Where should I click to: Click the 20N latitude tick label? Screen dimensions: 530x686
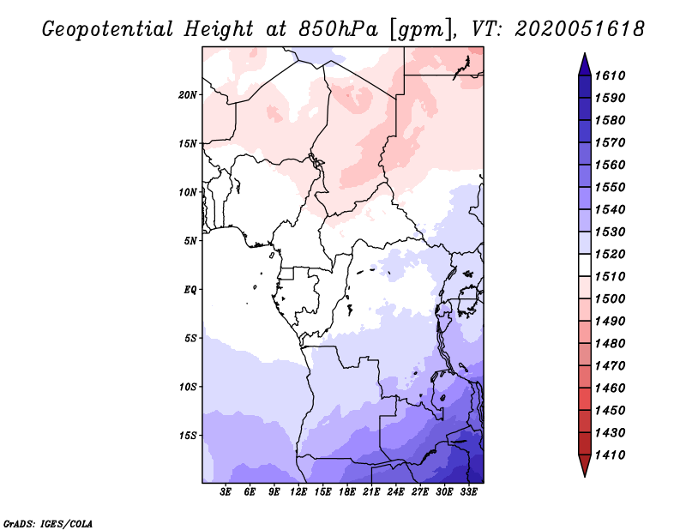(189, 94)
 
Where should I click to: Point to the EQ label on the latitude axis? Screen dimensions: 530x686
(190, 289)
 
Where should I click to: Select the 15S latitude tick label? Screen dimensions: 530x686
(189, 435)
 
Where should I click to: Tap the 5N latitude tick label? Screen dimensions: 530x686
(190, 240)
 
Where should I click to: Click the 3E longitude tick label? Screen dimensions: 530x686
(226, 492)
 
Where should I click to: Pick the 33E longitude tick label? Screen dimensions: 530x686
(469, 492)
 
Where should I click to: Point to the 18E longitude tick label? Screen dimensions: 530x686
(347, 492)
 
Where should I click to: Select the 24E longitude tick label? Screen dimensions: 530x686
(396, 492)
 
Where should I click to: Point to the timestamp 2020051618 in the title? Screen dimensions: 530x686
(581, 28)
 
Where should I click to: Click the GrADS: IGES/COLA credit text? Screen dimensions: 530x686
(48, 522)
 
